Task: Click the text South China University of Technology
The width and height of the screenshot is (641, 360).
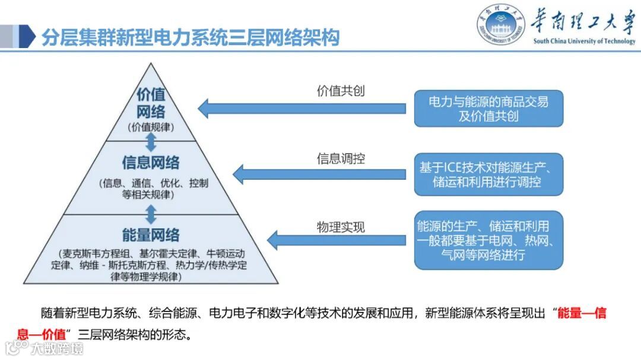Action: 584,42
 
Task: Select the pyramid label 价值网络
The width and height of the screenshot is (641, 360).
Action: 151,103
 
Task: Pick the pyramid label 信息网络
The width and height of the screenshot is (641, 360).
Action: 151,162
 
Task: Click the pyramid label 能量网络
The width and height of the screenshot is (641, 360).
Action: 151,235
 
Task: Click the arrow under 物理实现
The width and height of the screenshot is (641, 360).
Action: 336,240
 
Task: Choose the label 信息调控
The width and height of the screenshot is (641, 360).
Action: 341,158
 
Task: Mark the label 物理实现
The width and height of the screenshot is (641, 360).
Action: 341,227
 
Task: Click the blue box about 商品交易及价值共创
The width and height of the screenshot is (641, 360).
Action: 488,109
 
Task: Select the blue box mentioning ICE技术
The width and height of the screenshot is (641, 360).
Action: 488,174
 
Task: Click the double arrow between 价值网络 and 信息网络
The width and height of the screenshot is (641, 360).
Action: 151,141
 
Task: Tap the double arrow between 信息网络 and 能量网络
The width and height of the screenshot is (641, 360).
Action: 151,214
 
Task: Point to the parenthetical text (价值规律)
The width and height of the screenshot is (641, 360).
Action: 151,127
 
